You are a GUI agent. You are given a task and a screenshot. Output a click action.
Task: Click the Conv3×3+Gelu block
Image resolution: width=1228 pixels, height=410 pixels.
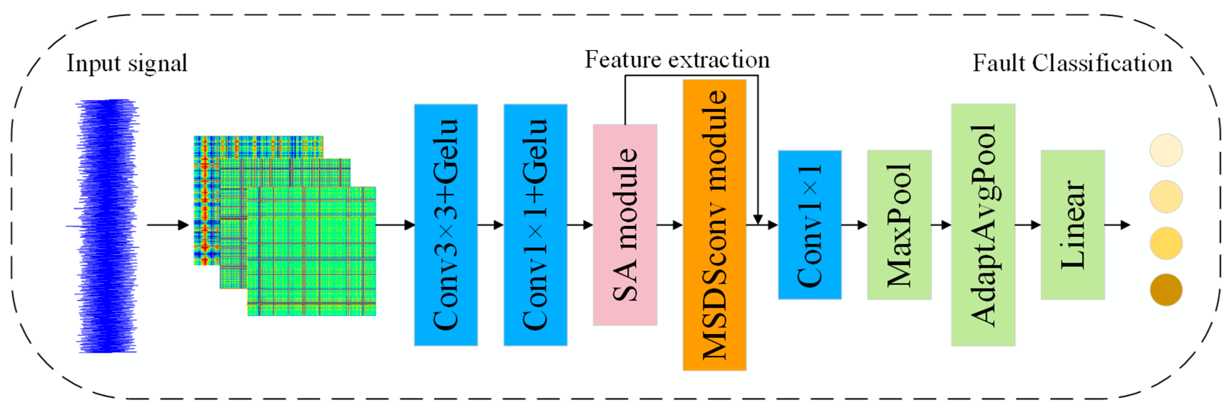pyautogui.click(x=446, y=224)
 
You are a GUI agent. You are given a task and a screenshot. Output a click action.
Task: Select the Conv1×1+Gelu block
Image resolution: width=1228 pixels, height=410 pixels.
pyautogui.click(x=535, y=224)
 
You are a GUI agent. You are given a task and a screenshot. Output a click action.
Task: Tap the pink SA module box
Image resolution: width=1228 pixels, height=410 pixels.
pyautogui.click(x=625, y=224)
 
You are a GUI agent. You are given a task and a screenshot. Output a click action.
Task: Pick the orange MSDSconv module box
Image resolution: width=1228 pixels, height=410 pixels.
pyautogui.click(x=714, y=224)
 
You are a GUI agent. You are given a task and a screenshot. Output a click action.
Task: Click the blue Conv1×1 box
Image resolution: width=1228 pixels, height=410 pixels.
pyautogui.click(x=810, y=224)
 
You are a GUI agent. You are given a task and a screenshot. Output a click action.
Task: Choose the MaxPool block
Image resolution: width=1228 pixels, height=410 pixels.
pyautogui.click(x=899, y=224)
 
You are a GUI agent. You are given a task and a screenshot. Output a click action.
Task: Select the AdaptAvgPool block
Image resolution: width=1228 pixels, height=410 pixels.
pyautogui.click(x=983, y=224)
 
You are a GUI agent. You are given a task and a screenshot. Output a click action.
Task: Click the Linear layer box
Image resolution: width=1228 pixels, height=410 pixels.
pyautogui.click(x=1073, y=224)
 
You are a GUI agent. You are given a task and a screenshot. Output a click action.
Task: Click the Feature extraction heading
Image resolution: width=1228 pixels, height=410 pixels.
pyautogui.click(x=677, y=60)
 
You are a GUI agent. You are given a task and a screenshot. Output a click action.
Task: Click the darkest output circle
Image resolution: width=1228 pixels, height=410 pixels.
pyautogui.click(x=1166, y=290)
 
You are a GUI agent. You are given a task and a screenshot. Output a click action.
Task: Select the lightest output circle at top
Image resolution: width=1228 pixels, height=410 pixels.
pyautogui.click(x=1166, y=150)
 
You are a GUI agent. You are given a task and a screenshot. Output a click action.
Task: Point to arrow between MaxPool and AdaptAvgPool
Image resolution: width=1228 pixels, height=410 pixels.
pyautogui.click(x=941, y=225)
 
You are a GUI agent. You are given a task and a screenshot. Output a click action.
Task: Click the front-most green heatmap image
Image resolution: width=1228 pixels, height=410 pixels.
pyautogui.click(x=312, y=251)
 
